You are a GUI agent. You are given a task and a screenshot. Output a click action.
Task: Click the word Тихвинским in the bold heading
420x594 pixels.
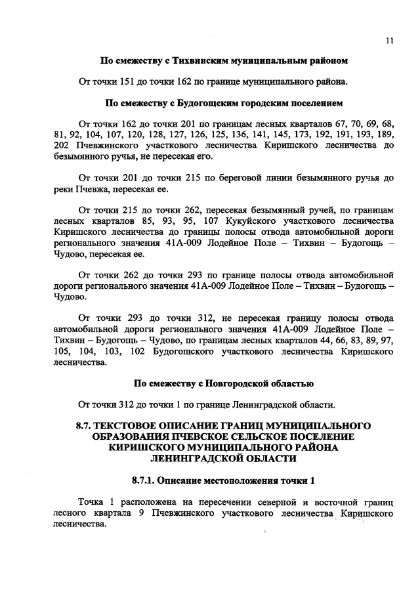[200, 60]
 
